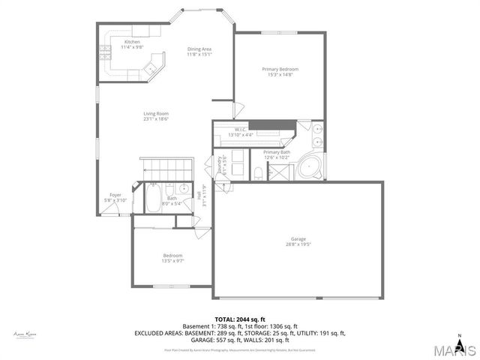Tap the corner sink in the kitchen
pos(151,69)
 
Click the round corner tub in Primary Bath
pos(309,168)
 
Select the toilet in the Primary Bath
pos(258,174)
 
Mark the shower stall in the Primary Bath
pos(280,172)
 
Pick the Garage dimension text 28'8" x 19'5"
pos(298,244)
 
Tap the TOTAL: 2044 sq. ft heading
pos(240,319)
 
